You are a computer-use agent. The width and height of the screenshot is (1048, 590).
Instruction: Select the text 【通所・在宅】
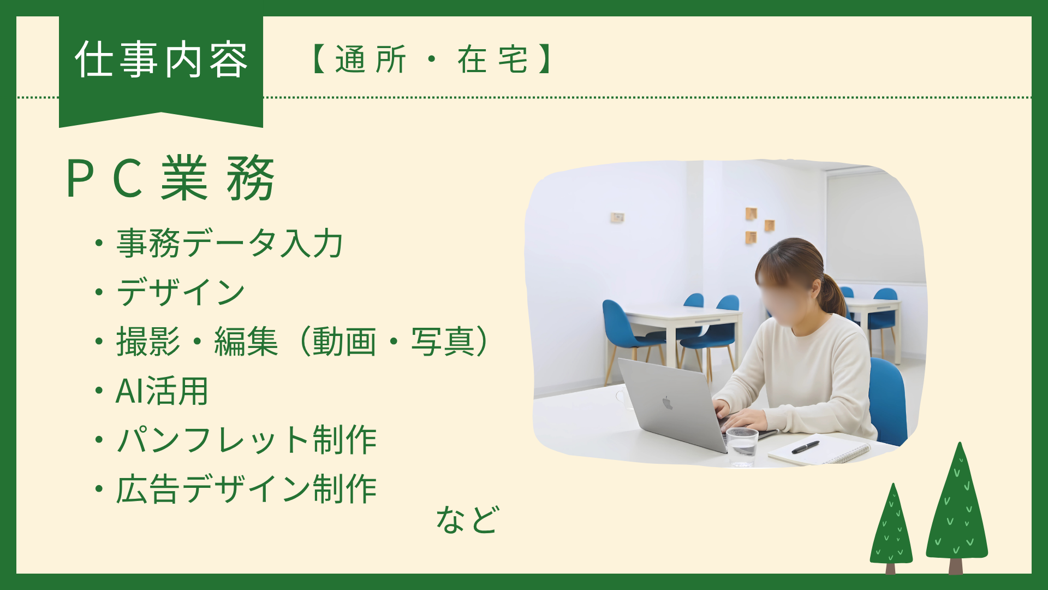pos(431,60)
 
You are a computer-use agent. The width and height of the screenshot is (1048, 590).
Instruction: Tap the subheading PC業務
pos(170,178)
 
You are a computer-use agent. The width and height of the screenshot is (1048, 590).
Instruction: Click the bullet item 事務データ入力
pos(230,243)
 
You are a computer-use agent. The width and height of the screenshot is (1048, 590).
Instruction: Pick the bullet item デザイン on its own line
pos(181,292)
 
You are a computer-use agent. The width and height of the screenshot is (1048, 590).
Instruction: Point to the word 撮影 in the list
pos(148,342)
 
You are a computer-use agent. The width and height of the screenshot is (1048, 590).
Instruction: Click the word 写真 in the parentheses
pos(443,342)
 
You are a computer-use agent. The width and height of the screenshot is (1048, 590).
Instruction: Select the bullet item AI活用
pos(162,391)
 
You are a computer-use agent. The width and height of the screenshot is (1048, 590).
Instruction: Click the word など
pos(467,520)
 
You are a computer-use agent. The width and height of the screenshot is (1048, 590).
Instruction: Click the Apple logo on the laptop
pos(667,403)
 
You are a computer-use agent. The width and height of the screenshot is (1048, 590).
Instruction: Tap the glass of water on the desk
pos(742,445)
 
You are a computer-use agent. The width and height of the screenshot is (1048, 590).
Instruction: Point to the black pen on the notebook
pos(806,447)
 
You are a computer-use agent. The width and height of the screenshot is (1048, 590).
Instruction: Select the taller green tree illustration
pos(957,508)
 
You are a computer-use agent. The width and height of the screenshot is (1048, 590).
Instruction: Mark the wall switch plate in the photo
pos(617,217)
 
